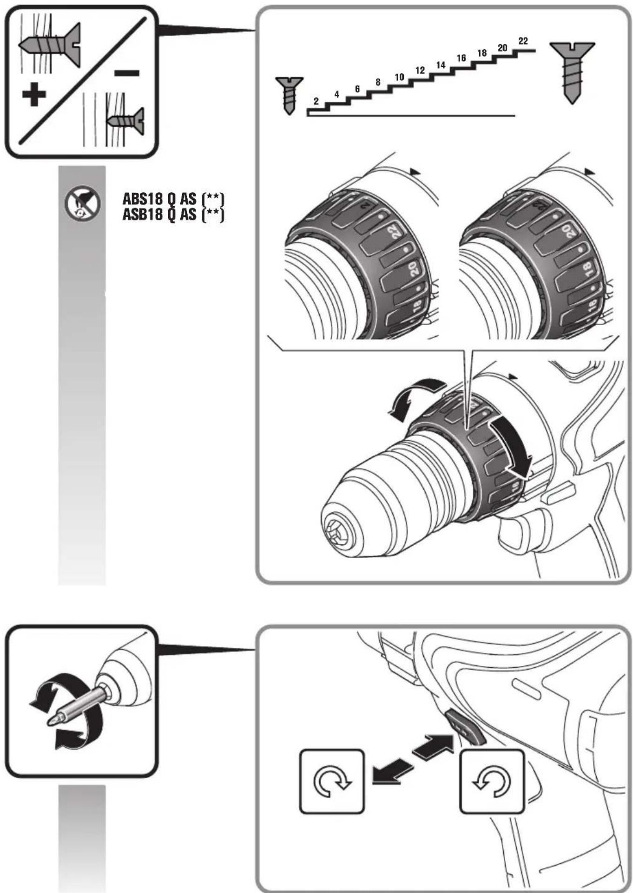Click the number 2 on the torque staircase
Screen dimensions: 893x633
pyautogui.click(x=316, y=101)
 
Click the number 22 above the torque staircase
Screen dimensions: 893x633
pyautogui.click(x=523, y=41)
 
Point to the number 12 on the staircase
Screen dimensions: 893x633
pyautogui.click(x=420, y=71)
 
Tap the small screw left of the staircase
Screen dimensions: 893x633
pyautogui.click(x=289, y=95)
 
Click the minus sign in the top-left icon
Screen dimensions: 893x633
pyautogui.click(x=126, y=73)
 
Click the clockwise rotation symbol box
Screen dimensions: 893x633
pyautogui.click(x=332, y=782)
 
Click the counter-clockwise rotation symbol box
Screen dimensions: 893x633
pyautogui.click(x=492, y=782)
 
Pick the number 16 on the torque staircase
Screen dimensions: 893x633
pyautogui.click(x=461, y=58)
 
